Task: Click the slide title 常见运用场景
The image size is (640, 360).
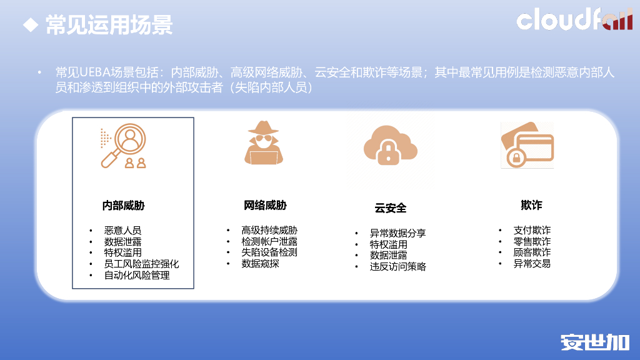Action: pos(109,26)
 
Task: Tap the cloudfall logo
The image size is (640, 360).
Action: pos(574,19)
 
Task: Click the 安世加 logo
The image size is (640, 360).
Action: pos(594,342)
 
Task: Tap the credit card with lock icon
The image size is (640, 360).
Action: pos(527,145)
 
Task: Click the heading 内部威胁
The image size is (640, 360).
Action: pos(124,205)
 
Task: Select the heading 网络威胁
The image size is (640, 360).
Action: pos(265,205)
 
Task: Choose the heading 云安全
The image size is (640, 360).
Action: pos(391,208)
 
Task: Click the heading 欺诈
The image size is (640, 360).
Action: pos(531,205)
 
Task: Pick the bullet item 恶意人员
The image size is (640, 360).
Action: pos(122,231)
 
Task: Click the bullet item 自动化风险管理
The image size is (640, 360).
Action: pos(137,275)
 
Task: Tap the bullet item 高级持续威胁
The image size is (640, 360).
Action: pos(269,230)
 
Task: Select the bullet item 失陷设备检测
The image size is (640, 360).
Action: pos(269,252)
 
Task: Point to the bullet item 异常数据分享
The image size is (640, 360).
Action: pos(397,233)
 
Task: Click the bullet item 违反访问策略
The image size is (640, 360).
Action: pos(397,267)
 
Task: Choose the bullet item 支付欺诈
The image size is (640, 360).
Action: pos(532,230)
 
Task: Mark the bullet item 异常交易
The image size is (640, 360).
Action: pos(532,264)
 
